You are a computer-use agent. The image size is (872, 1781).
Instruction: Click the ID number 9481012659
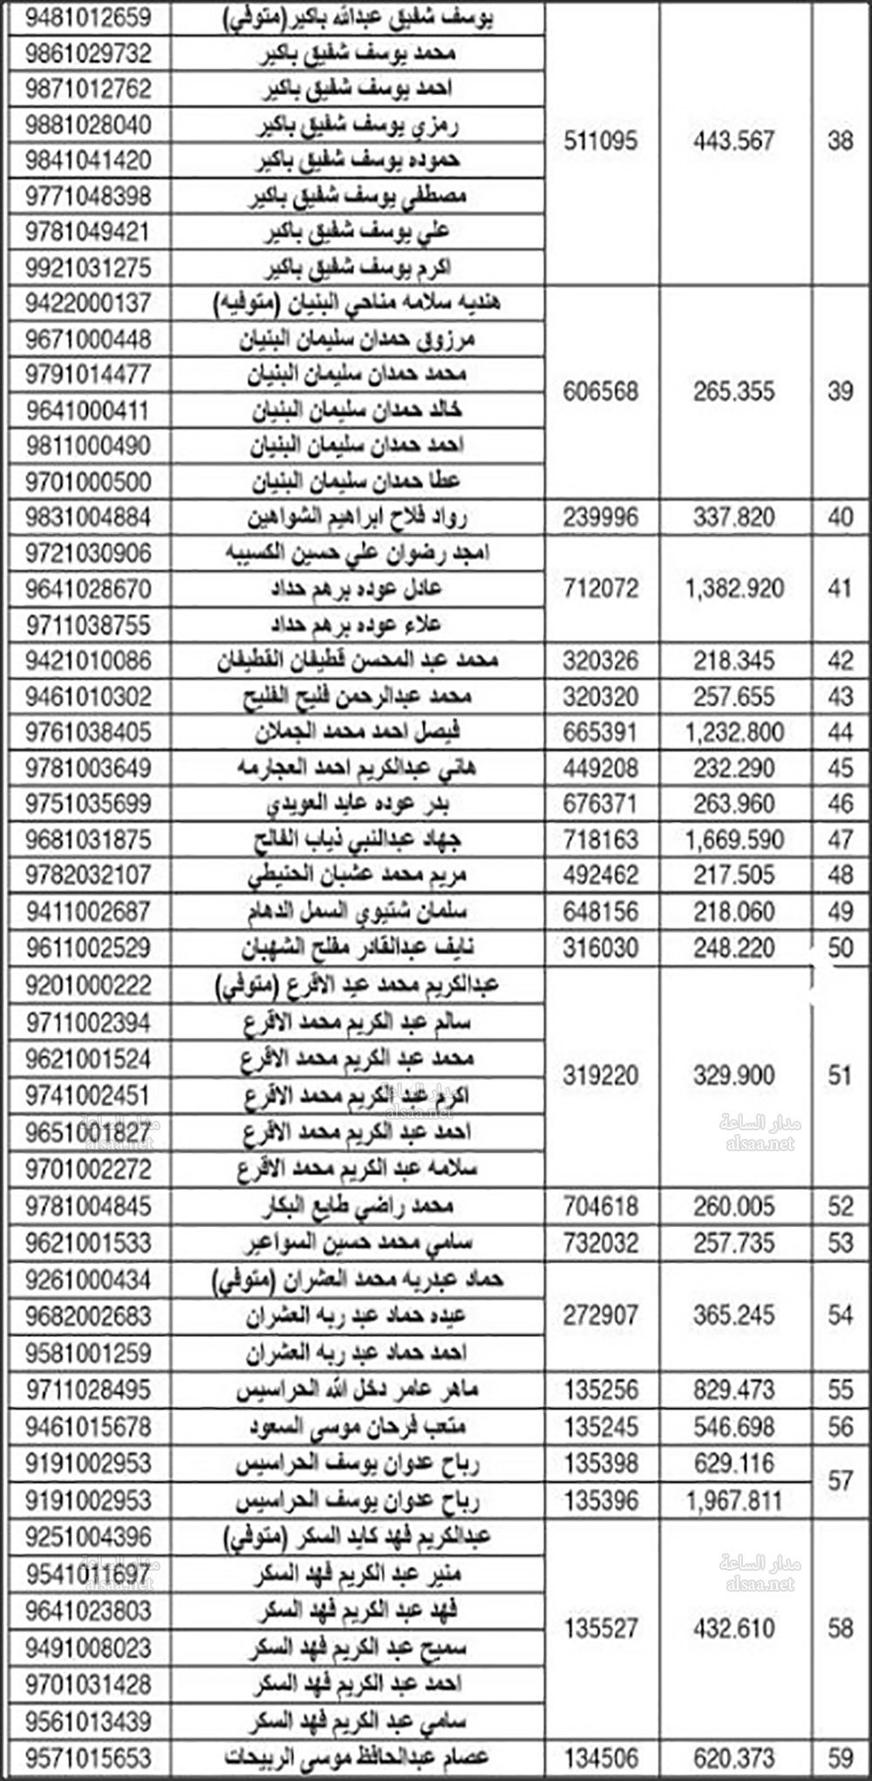tap(88, 17)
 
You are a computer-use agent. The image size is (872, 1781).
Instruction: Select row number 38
tap(840, 141)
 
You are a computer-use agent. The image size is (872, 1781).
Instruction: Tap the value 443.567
tap(734, 141)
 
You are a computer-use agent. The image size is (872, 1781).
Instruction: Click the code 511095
tap(601, 141)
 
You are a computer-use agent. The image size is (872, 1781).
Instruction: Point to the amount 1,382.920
tap(734, 589)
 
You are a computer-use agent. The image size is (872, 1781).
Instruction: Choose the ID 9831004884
tap(88, 517)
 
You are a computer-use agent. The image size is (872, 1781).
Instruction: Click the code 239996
tap(601, 517)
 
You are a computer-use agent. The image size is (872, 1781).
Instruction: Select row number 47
tap(840, 839)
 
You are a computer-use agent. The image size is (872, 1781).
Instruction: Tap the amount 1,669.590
tap(734, 839)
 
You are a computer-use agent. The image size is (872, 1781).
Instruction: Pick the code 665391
tap(601, 732)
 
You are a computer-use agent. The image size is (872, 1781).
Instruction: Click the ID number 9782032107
tap(88, 875)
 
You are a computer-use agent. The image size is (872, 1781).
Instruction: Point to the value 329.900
tap(734, 1075)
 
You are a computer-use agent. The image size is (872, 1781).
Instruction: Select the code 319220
tap(601, 1075)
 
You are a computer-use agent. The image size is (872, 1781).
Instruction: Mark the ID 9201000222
tap(88, 986)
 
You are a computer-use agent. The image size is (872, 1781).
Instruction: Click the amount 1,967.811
tap(734, 1500)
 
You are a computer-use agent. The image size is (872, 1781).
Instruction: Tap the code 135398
tap(601, 1463)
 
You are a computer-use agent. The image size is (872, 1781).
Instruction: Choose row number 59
tap(840, 1757)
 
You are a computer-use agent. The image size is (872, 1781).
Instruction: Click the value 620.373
tap(734, 1757)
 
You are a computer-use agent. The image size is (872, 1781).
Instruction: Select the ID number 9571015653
tap(88, 1757)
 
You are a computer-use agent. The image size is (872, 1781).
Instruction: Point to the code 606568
tap(601, 392)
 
